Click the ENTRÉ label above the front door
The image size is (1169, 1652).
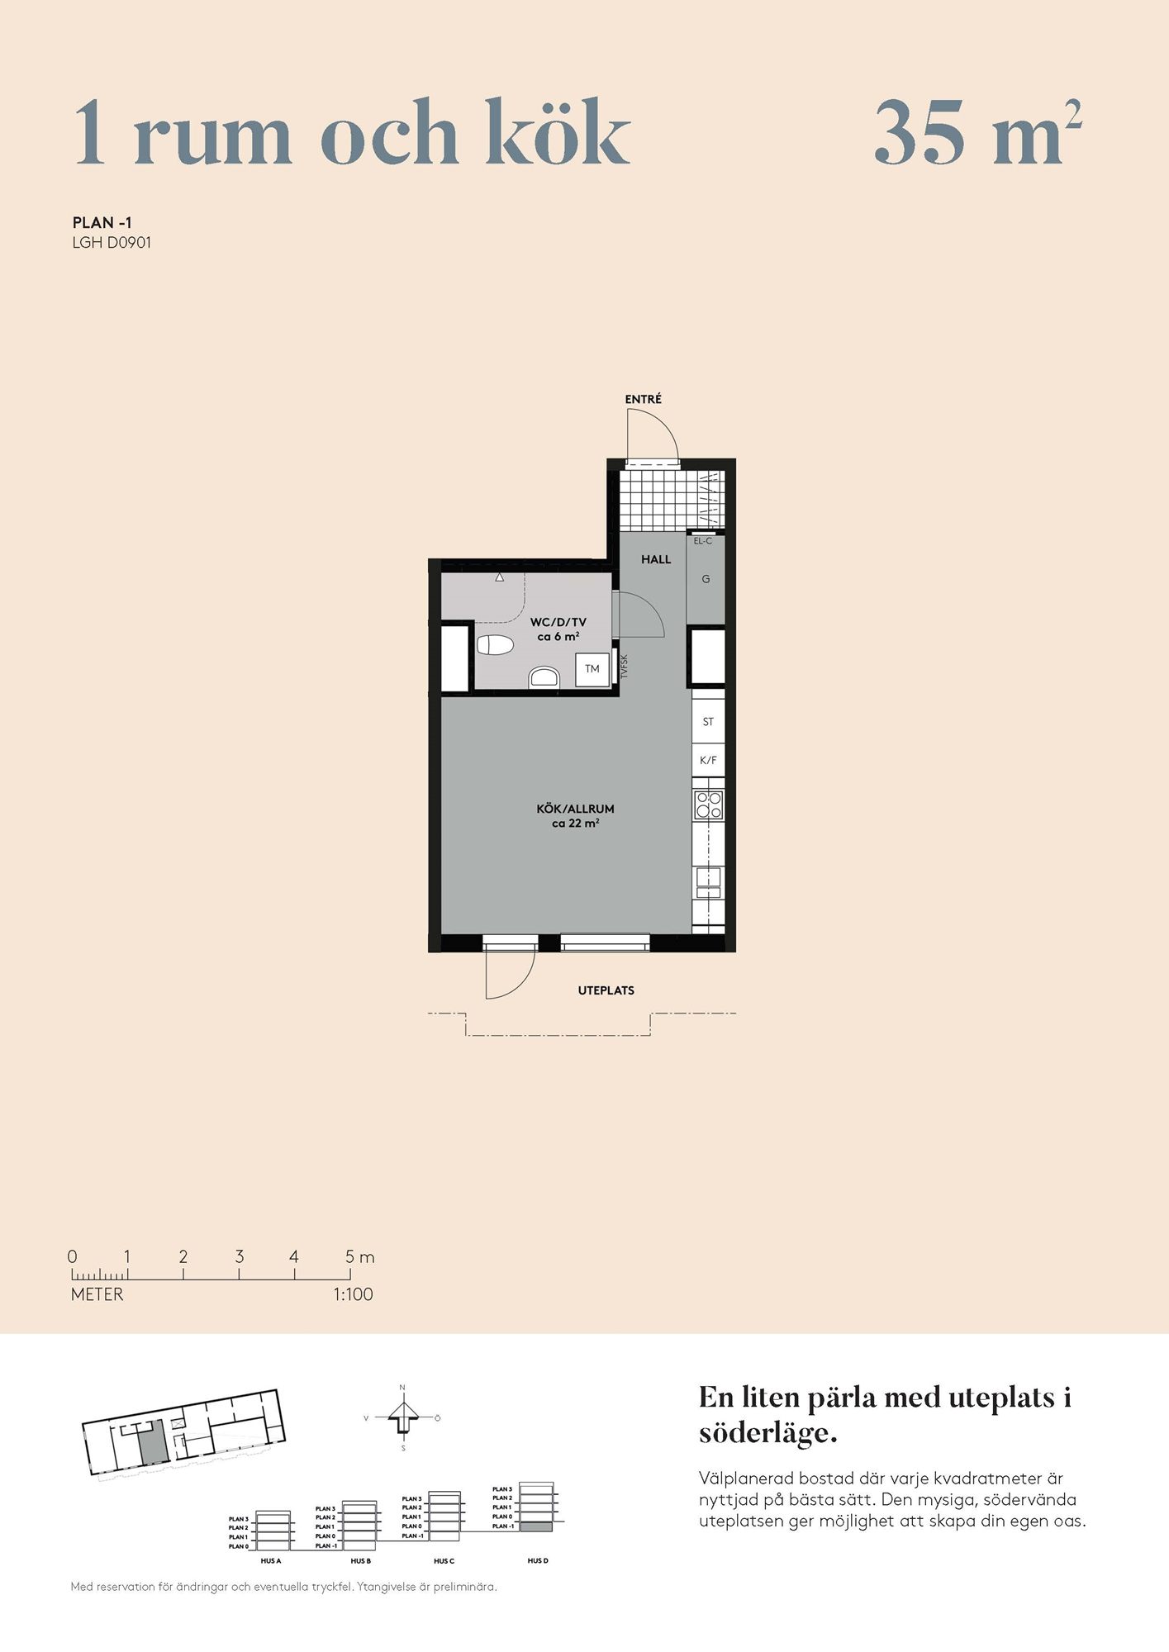[643, 400]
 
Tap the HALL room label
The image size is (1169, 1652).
[656, 559]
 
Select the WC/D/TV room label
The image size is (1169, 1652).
[558, 622]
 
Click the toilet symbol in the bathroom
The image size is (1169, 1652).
[495, 644]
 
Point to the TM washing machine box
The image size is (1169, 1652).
[592, 669]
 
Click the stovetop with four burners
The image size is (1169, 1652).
[709, 805]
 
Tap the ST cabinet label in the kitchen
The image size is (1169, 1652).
[708, 722]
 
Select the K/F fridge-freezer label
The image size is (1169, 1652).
[708, 760]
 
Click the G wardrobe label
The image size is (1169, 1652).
[706, 579]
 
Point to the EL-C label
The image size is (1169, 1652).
[703, 541]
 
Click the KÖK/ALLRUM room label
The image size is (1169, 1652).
[575, 809]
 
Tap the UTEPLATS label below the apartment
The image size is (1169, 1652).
[606, 990]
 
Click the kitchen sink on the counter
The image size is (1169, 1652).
[708, 882]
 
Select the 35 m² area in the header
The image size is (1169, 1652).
[978, 132]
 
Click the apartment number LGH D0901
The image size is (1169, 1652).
[112, 243]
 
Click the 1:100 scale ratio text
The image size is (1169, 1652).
[354, 1294]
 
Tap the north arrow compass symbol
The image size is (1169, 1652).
[403, 1417]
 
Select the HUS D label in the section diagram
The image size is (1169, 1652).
[538, 1560]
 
